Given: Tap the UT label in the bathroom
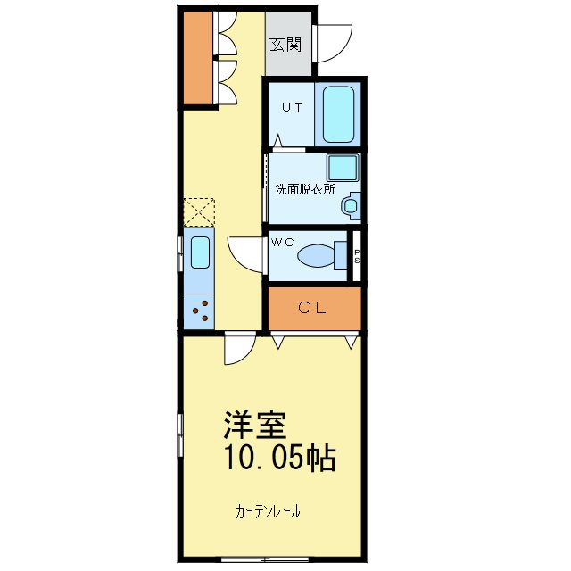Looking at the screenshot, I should [292, 108].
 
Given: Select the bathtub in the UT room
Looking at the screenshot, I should [338, 114].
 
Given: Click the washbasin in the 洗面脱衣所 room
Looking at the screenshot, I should [350, 206].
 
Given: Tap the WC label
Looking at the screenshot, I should [283, 242].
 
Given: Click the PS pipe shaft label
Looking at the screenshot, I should [357, 256].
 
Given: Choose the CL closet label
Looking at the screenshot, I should [312, 309].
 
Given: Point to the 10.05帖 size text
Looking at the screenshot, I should [278, 459].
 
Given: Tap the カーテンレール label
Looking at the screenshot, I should [268, 512].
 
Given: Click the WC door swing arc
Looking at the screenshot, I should [244, 255].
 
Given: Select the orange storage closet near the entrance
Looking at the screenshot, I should [197, 58].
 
